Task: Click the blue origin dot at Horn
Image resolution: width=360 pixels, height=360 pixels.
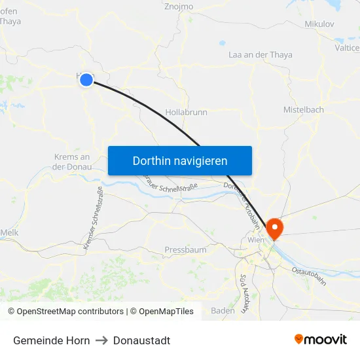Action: pos(86,80)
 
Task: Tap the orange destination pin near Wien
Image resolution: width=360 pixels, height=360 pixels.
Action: pos(275,228)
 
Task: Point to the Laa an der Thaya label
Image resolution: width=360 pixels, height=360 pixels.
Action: pos(260,55)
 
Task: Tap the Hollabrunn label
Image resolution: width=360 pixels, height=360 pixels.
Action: pos(187,113)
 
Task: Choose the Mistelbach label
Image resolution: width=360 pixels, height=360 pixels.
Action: pos(303,110)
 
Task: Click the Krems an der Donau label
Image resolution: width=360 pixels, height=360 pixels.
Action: pos(71,162)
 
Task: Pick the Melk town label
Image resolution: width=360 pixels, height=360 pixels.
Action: pos(9,232)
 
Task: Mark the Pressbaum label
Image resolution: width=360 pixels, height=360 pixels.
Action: pos(185,250)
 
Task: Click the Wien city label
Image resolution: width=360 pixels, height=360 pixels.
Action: pos(255,241)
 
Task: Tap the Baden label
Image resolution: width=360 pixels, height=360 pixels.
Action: pos(223,311)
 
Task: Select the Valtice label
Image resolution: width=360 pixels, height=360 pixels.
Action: pos(347,48)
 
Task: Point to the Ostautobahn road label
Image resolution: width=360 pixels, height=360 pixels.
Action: pos(309,275)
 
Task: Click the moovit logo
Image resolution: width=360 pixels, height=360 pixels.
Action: pos(321,340)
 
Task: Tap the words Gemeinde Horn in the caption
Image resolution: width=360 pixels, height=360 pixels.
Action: pos(52,340)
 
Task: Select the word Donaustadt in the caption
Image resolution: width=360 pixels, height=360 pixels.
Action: pos(141,340)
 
